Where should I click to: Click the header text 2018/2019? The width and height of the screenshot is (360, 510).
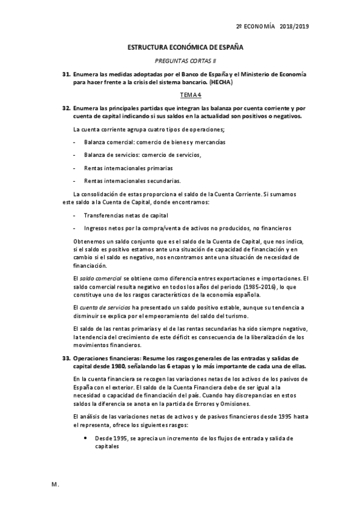(294, 26)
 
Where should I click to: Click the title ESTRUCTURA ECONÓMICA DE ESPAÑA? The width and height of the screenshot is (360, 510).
(179, 46)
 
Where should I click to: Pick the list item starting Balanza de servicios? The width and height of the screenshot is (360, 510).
(142, 155)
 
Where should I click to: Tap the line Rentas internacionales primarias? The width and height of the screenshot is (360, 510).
(128, 168)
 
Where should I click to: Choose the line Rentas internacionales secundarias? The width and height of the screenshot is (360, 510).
(132, 180)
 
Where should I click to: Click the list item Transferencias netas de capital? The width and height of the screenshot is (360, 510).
(126, 215)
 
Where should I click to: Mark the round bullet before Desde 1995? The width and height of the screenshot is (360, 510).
(88, 438)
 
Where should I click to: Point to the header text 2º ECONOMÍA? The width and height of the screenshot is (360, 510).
(255, 26)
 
